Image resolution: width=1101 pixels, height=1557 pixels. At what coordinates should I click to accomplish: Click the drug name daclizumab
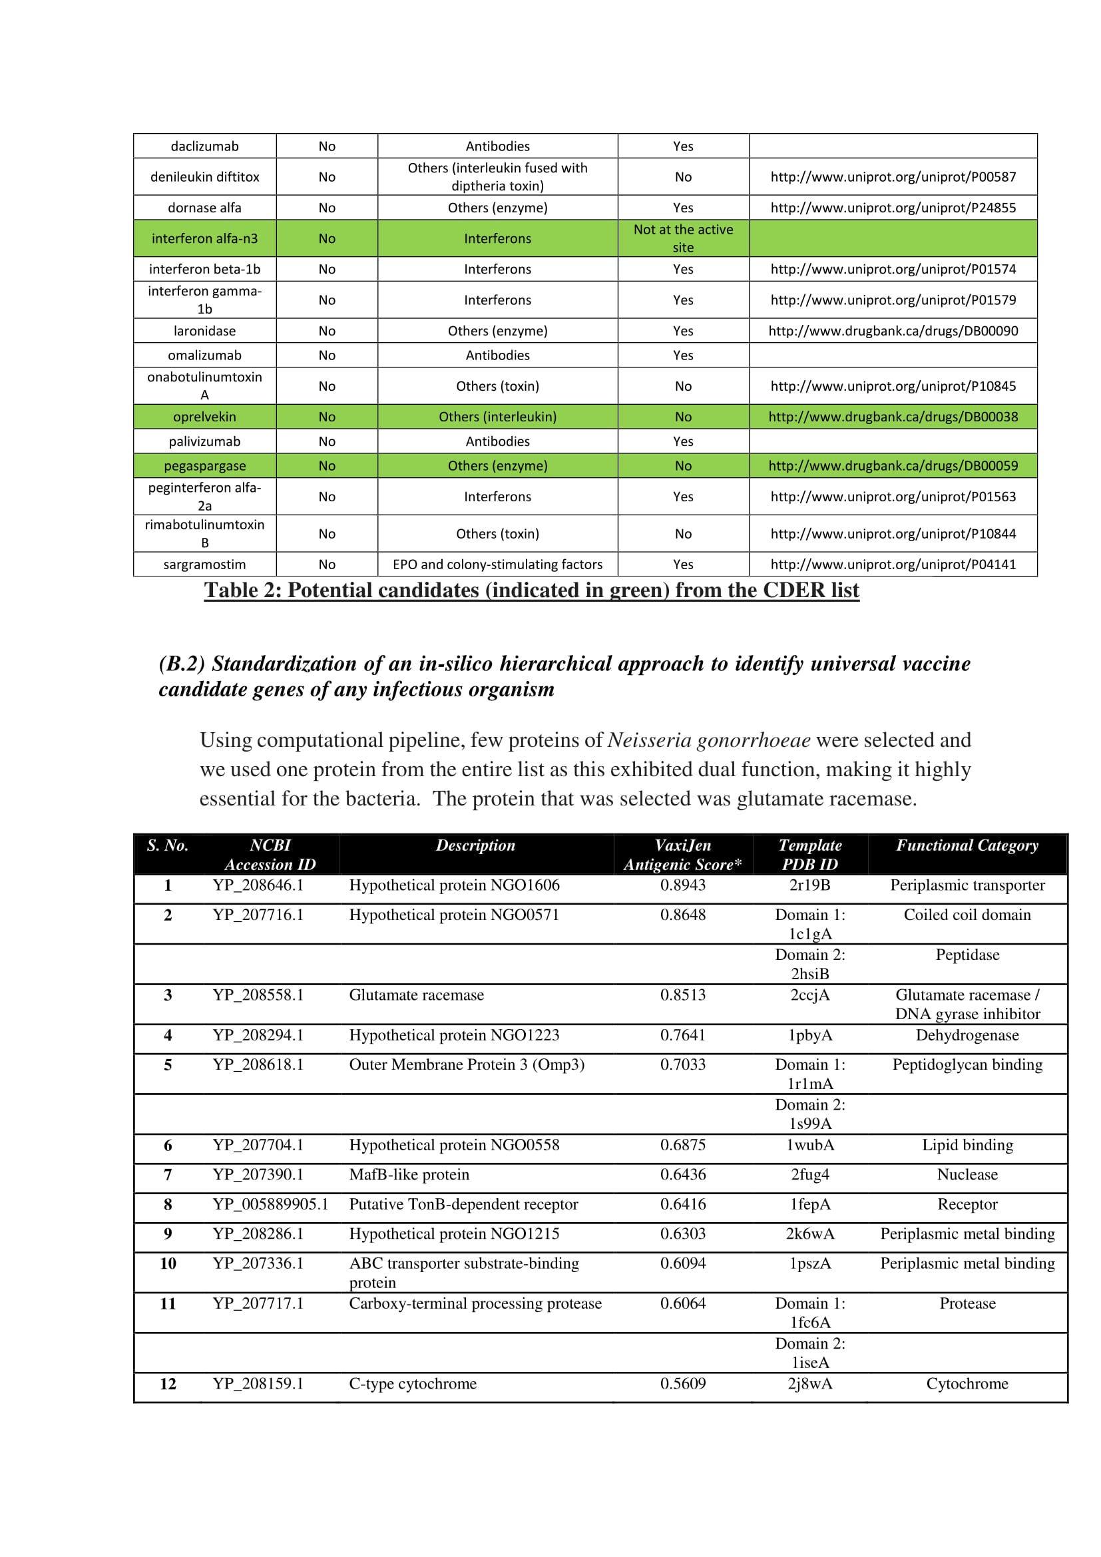204,146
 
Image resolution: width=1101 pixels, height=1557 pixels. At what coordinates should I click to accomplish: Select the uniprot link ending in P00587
893,176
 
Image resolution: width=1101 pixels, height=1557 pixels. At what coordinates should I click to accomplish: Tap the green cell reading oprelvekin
204,416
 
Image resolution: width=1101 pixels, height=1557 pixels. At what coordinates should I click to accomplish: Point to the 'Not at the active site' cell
683,238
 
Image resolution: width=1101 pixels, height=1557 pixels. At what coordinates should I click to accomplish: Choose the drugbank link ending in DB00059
893,465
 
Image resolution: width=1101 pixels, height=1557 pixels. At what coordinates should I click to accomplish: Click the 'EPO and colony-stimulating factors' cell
497,564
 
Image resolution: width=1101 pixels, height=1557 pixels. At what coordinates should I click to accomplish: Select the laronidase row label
204,330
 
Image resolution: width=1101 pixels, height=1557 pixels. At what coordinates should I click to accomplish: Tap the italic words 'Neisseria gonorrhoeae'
708,739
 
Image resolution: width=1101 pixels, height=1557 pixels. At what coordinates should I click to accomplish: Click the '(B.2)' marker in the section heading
182,663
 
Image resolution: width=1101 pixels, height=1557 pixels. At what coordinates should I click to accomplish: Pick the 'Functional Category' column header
967,845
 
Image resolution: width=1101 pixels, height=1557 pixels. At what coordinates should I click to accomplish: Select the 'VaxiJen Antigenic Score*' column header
683,855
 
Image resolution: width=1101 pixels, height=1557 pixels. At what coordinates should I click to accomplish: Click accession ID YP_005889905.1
270,1204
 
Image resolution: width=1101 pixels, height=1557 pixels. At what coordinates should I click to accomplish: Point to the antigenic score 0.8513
683,994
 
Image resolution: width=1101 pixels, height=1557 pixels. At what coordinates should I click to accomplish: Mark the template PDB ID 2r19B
809,884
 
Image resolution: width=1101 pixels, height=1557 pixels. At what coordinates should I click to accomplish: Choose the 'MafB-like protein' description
409,1174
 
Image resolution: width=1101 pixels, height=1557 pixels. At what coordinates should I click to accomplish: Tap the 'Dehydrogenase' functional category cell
967,1034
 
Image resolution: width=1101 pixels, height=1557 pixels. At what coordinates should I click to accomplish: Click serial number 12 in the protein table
168,1383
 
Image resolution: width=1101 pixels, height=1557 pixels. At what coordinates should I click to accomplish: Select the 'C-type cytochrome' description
412,1383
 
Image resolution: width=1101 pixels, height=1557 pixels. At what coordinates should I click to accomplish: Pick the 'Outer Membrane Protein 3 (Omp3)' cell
467,1064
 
